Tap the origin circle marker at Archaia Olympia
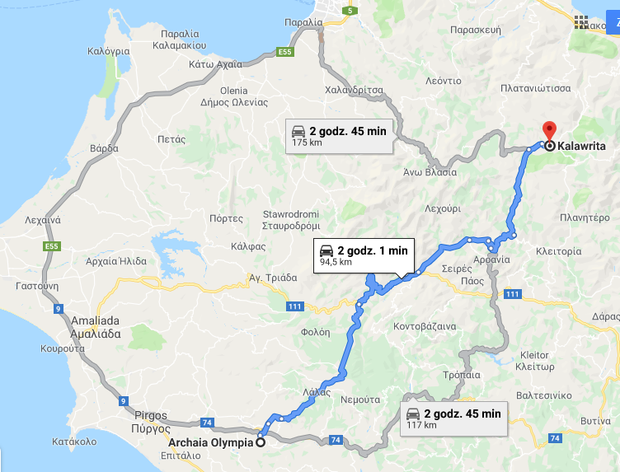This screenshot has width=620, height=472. click(261, 442)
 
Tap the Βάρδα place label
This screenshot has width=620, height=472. click(105, 149)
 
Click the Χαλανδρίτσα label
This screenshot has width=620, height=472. click(356, 90)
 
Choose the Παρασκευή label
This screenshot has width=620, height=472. click(476, 29)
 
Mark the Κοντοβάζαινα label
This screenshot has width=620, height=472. click(427, 326)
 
